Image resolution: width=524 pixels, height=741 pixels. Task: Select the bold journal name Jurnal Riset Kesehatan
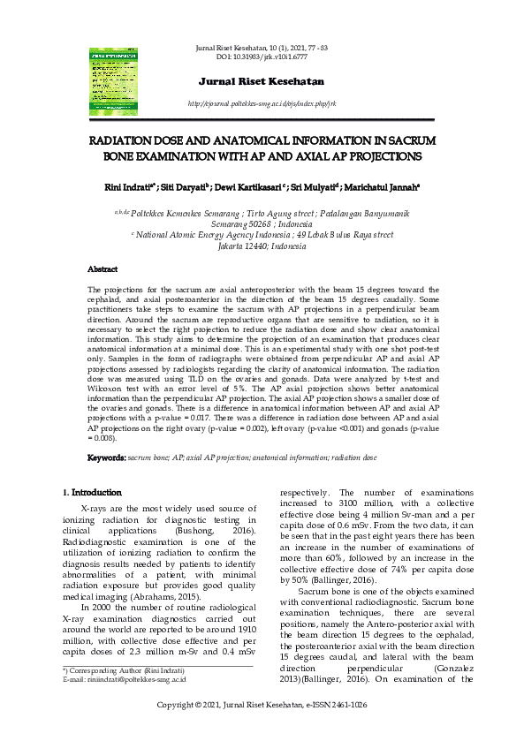click(x=262, y=81)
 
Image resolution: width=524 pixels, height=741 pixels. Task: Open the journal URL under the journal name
click(x=262, y=103)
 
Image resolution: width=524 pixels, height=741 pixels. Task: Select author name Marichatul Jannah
click(x=384, y=186)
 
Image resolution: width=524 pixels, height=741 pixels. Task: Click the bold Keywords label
click(x=107, y=457)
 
